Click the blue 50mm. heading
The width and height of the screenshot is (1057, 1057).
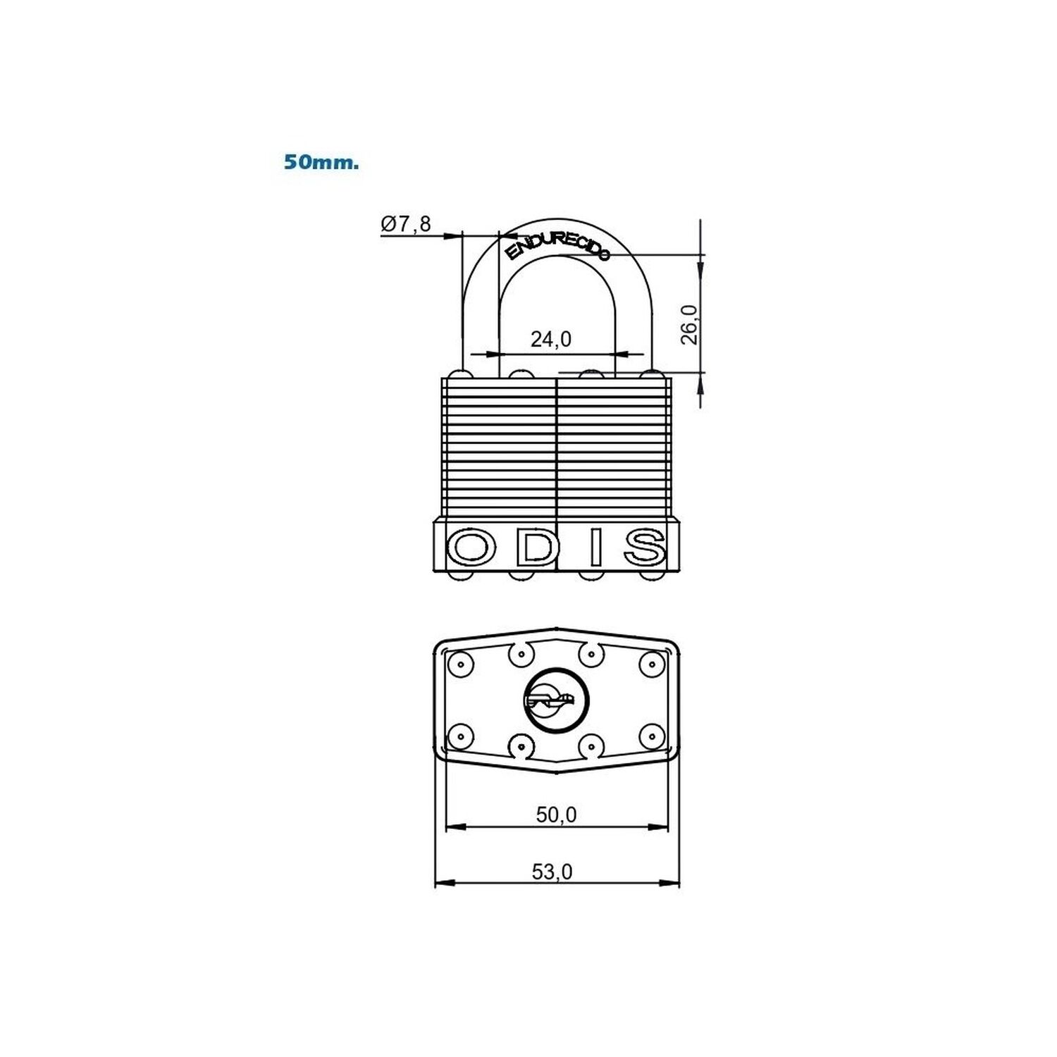click(x=321, y=162)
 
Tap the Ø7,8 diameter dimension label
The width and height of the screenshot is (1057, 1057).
click(x=406, y=224)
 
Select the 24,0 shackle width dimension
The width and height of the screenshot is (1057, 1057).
click(x=551, y=340)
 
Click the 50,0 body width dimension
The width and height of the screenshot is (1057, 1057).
click(x=557, y=815)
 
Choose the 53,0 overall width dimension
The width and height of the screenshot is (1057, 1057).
click(x=552, y=872)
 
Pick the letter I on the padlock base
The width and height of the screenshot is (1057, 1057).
click(x=596, y=548)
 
